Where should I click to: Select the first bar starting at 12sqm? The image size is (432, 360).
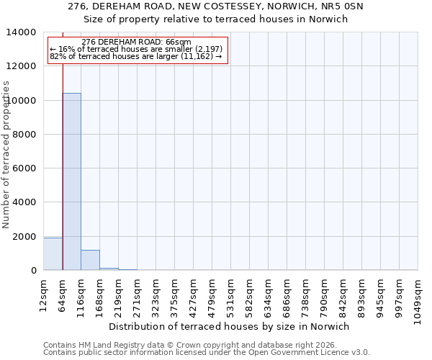(53, 254)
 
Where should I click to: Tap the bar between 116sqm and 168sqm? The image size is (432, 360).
(90, 260)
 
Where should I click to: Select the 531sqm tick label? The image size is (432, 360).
(230, 294)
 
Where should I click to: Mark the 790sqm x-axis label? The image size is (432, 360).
(324, 294)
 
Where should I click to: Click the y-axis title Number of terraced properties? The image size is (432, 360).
(7, 153)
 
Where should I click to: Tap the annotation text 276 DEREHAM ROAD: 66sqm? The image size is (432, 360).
(136, 42)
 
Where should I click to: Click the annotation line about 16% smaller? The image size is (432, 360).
(136, 49)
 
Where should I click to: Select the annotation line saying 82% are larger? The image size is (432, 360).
(136, 55)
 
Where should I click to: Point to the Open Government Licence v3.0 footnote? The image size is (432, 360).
(207, 353)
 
